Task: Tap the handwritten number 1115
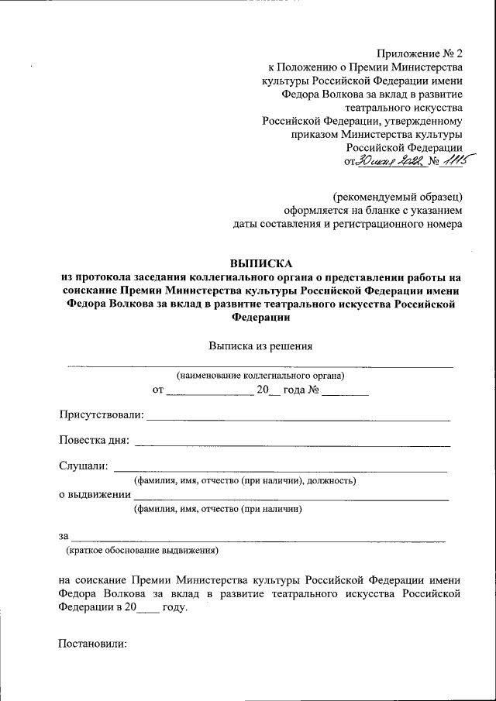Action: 458,161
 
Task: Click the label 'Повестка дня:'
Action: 94,441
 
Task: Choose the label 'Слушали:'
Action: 84,466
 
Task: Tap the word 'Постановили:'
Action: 92,644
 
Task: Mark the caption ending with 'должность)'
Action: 245,480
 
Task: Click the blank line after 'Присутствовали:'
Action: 298,419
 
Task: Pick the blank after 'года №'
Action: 346,394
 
